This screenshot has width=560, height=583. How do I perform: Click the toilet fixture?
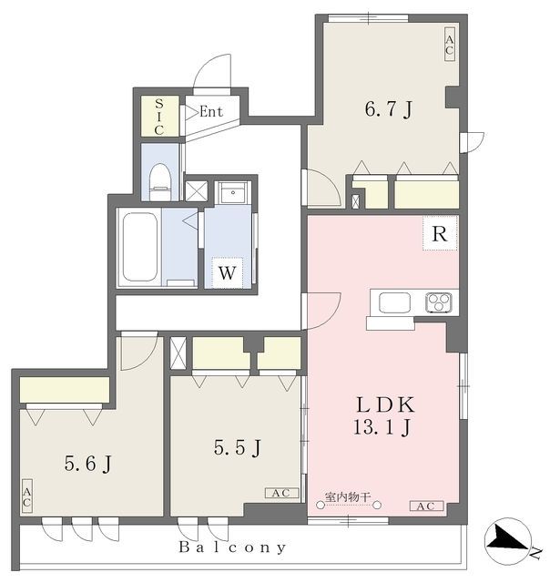coord(160,182)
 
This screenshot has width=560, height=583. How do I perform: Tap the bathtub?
coord(139,247)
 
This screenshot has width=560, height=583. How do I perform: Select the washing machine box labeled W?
coord(228,272)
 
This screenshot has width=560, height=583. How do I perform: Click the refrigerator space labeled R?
coord(440,233)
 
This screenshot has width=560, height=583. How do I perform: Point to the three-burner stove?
coord(439,302)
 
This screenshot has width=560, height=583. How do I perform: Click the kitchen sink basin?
coord(394,302)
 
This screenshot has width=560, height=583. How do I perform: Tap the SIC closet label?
coord(159,117)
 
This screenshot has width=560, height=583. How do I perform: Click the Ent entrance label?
coord(211,111)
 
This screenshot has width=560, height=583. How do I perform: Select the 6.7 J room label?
coord(388,109)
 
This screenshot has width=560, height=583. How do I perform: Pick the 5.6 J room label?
coord(87,464)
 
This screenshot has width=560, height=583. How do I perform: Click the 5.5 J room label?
coord(237,447)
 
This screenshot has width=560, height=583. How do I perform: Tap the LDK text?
coord(385,404)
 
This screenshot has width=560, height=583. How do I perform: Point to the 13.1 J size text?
coord(382,426)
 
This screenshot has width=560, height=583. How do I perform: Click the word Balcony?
coord(232,547)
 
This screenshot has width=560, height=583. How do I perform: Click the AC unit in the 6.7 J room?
coord(450,45)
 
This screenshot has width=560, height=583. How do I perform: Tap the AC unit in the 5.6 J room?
coord(26,496)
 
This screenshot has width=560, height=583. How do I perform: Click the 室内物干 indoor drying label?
coord(348,496)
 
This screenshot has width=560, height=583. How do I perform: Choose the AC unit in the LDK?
coord(426,506)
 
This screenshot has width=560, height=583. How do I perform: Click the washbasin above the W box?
coord(232,193)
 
